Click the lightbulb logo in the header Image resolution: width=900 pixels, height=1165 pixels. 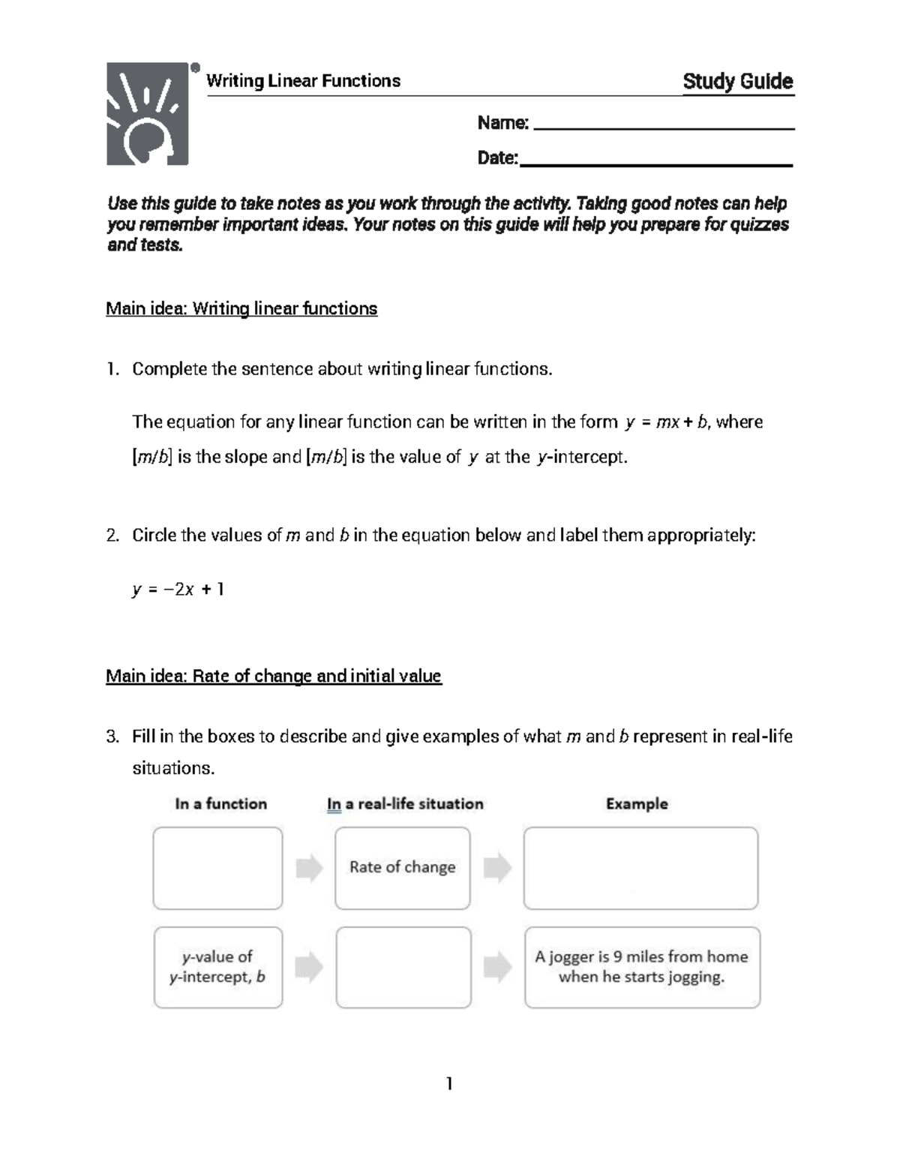[148, 113]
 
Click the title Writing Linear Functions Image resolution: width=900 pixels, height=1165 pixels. [303, 81]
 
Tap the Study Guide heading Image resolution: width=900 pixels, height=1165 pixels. [737, 81]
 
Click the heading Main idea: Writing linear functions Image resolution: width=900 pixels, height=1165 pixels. [241, 309]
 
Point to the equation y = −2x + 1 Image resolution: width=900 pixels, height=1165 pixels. [178, 590]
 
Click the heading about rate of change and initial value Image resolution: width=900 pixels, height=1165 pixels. [274, 677]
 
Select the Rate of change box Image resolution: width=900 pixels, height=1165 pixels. [403, 868]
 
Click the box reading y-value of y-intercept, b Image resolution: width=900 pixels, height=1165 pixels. [218, 967]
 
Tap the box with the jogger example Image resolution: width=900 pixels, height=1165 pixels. [642, 967]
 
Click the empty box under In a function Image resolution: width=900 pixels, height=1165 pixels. [218, 868]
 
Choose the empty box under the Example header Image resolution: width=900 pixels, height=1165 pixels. [640, 868]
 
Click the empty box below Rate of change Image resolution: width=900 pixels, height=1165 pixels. [403, 967]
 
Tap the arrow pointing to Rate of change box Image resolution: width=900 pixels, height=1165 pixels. [309, 869]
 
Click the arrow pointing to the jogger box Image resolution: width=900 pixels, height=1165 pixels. [497, 967]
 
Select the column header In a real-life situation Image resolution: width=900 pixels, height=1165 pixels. [405, 804]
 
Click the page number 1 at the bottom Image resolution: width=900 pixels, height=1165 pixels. [449, 1084]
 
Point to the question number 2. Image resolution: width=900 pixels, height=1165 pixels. [112, 536]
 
